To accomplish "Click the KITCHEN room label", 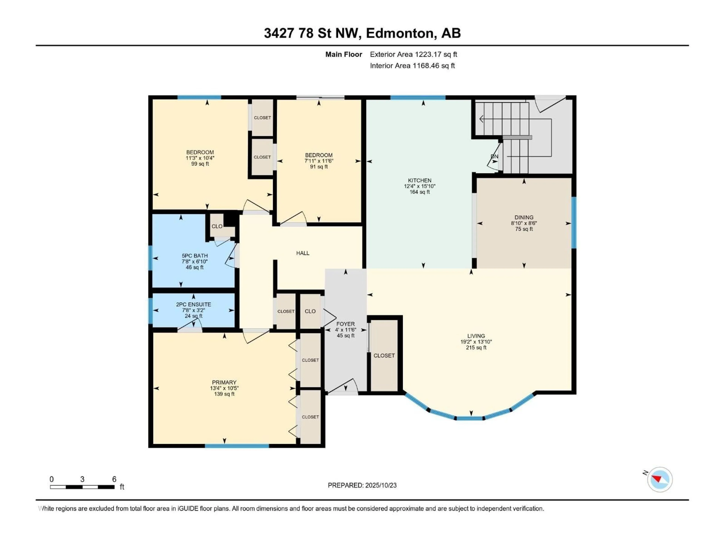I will (420, 180).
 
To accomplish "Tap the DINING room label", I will (524, 217).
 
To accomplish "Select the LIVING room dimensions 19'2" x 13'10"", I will (476, 342).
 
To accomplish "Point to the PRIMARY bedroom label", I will (224, 382).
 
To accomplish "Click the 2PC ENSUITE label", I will (193, 304).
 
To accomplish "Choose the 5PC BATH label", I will (195, 256).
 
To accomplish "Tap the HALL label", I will (302, 253).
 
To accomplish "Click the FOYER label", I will (346, 324).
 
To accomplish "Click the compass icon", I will (660, 479).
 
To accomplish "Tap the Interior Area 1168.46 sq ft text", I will (412, 66).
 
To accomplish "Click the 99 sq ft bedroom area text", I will (200, 164).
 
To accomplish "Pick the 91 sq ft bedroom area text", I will (319, 167).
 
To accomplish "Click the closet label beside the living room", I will (384, 355).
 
